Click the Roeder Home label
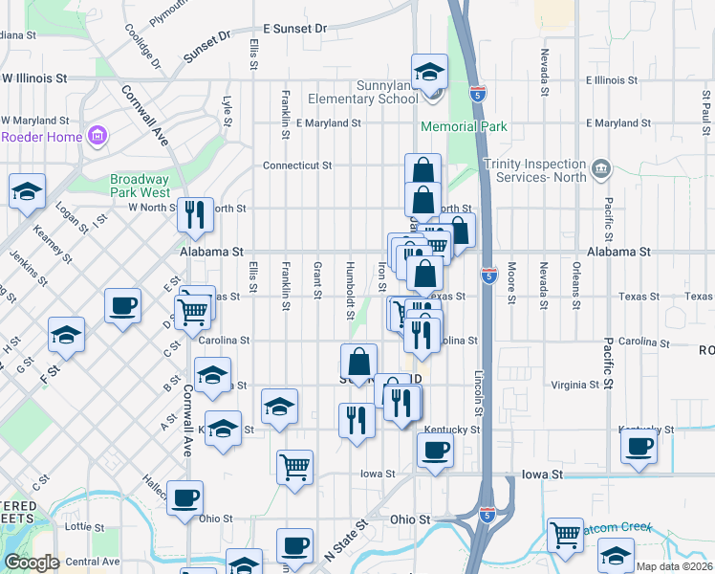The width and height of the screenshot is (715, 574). [41, 136]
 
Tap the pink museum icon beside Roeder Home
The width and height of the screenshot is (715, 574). [97, 136]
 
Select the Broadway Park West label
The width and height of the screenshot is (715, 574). [139, 186]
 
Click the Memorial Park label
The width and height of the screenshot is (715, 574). [465, 126]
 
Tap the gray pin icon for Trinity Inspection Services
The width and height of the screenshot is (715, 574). [601, 169]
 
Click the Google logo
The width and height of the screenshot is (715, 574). [32, 562]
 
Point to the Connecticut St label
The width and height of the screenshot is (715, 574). [297, 165]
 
